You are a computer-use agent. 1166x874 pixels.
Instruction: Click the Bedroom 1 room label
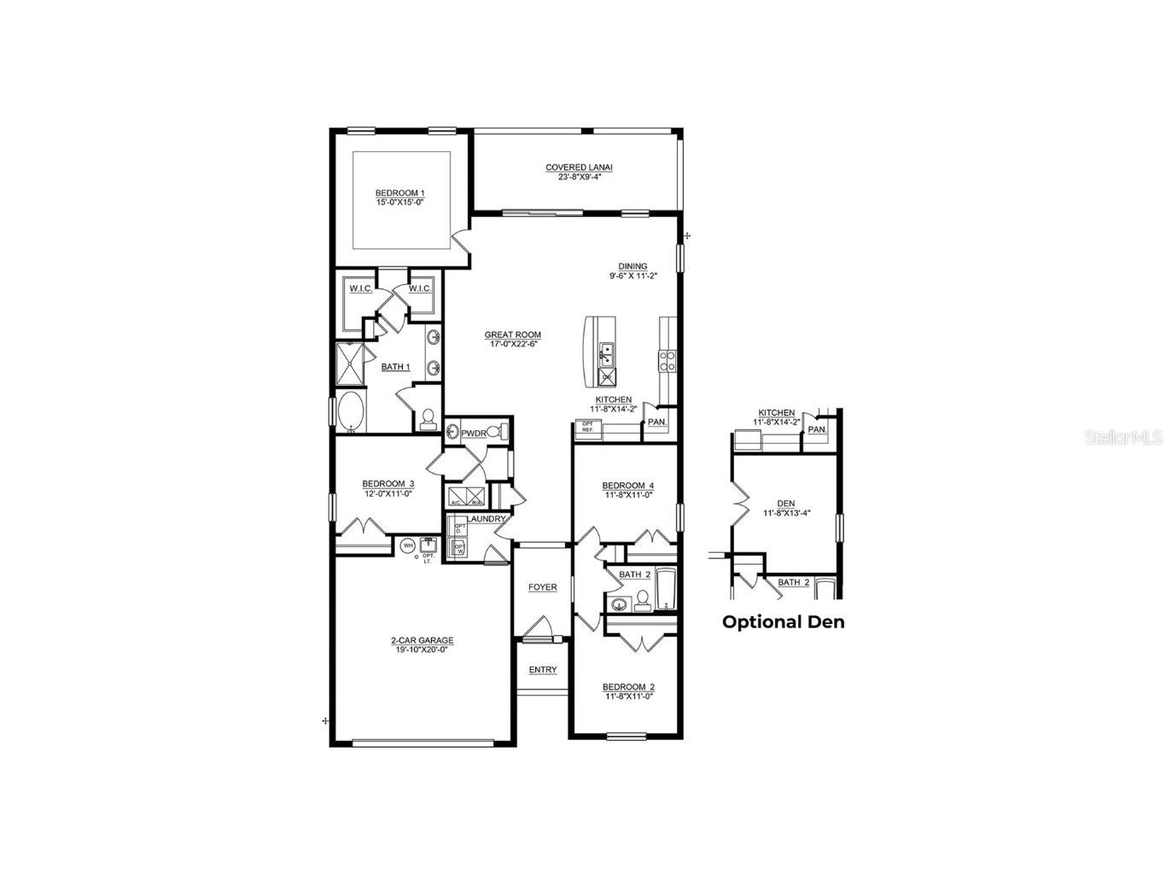(x=399, y=194)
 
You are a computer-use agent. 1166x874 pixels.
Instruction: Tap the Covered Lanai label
(x=580, y=168)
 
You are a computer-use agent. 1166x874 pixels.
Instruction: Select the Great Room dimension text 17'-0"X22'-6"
(x=513, y=345)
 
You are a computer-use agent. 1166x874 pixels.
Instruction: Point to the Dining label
(x=633, y=266)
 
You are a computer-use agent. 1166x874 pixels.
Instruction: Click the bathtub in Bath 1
(x=350, y=413)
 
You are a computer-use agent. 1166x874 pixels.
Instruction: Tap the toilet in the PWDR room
(x=504, y=431)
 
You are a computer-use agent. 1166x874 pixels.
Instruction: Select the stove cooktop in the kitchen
(x=667, y=361)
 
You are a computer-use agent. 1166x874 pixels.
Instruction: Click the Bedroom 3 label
(x=388, y=484)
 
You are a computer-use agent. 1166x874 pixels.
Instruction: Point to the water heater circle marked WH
(x=408, y=545)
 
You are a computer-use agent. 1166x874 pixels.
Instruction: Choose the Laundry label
(x=486, y=519)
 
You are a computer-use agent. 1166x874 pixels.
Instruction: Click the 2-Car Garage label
(x=422, y=640)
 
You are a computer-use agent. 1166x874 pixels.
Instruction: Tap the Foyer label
(x=542, y=587)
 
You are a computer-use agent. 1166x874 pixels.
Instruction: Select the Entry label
(x=542, y=670)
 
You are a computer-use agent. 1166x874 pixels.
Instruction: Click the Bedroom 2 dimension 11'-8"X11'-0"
(x=628, y=697)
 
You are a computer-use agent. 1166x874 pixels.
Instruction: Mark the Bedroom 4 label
(x=628, y=486)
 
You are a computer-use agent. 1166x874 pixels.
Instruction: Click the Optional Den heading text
(x=783, y=622)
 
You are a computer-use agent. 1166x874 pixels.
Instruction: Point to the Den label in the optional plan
(x=786, y=504)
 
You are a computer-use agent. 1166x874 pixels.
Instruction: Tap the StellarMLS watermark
(x=1123, y=437)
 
